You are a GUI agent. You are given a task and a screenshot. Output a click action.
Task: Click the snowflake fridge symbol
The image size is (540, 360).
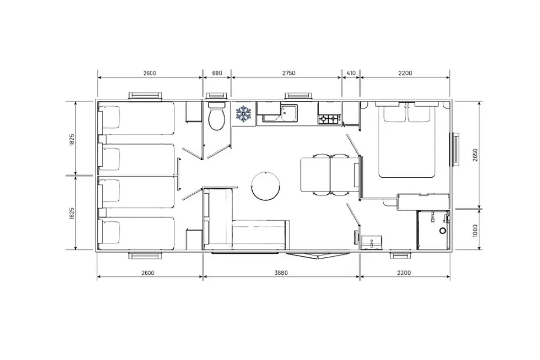pos(244,113)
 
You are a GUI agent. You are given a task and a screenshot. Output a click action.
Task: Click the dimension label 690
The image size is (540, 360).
pos(217,73)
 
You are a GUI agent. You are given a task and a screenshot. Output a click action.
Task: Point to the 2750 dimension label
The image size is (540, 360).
pos(288,73)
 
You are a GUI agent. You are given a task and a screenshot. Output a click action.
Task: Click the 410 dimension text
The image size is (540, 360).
pos(351,73)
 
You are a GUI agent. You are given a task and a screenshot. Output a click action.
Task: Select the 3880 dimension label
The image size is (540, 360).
pos(281,273)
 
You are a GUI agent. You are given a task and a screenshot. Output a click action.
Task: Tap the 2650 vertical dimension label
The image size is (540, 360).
pos(475,155)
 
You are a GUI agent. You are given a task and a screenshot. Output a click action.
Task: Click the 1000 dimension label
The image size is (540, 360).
pos(475,230)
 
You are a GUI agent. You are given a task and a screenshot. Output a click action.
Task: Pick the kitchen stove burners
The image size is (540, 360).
pos(329,119)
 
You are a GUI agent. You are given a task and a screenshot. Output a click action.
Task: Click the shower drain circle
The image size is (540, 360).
pos(443,231)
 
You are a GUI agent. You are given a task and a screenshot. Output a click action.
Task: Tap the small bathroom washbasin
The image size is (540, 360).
pos(372,242)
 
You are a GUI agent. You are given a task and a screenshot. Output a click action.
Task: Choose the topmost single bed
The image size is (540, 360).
pos(137,118)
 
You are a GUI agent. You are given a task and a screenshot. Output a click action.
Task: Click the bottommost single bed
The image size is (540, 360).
pos(137,233)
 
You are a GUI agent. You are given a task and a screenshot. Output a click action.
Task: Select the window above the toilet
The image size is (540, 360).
pos(217,96)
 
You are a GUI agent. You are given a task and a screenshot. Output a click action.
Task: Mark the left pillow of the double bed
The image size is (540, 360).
pos(393,112)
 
